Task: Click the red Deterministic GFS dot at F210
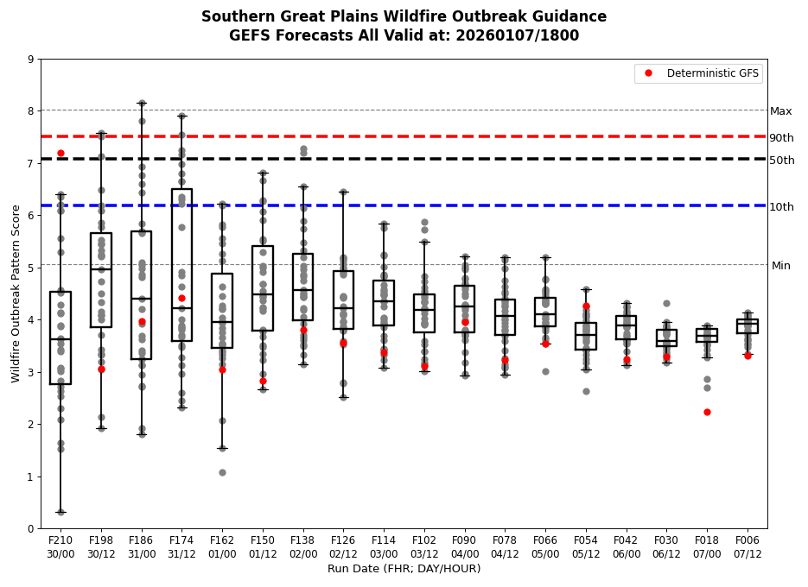[60, 153]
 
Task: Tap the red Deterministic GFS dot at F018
[707, 412]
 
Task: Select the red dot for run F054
[586, 306]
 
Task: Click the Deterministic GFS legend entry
[700, 73]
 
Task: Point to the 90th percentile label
[781, 138]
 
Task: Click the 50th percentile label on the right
[781, 161]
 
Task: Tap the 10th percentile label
[781, 207]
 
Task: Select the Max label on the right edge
[780, 111]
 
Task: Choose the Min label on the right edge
[780, 266]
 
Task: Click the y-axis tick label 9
[31, 60]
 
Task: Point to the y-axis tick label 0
[31, 528]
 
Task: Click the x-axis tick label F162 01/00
[222, 547]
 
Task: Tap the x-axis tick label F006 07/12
[748, 547]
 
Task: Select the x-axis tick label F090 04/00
[465, 547]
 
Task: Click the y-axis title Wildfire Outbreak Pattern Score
[16, 293]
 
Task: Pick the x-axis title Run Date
[404, 569]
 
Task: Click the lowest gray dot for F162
[222, 472]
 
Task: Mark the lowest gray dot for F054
[586, 391]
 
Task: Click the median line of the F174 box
[181, 308]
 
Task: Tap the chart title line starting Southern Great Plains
[404, 16]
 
